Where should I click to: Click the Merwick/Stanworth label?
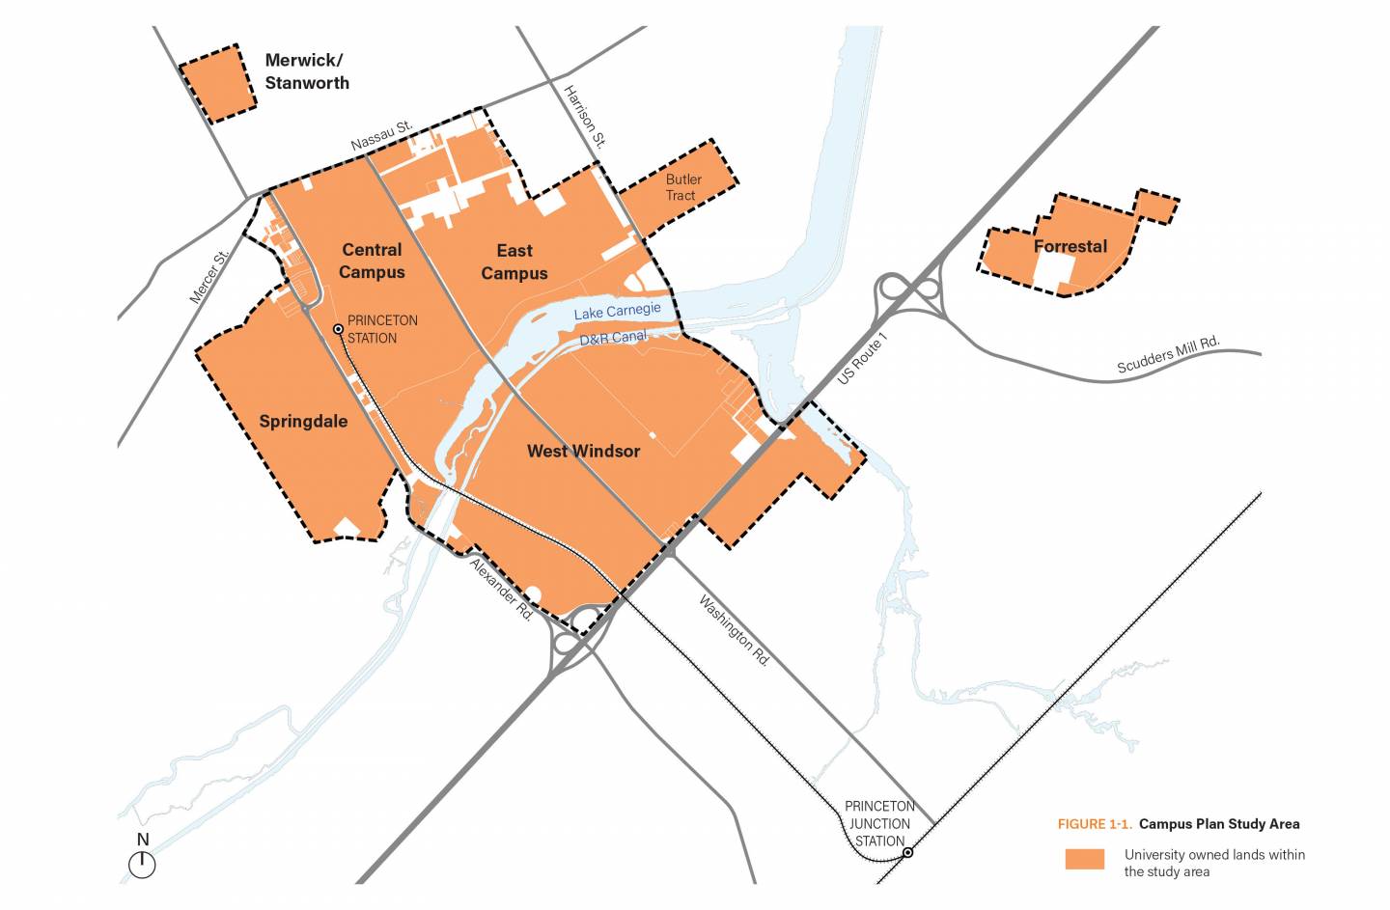coord(306,72)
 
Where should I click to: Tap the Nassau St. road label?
coord(381,135)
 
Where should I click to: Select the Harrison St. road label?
coord(585,117)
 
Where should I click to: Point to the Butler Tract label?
coord(682,187)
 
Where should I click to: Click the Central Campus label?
coord(372,261)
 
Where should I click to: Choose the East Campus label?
coord(514,262)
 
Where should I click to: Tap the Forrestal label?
coord(1070,246)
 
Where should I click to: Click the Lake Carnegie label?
coord(617,311)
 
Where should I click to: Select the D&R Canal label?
coord(613,338)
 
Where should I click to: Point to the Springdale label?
coord(303,421)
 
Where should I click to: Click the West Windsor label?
coord(583,451)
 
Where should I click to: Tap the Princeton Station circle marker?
coord(338,329)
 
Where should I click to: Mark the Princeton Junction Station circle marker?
coord(907,852)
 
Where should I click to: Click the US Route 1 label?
coord(861,359)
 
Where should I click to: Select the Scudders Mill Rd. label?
coord(1168,355)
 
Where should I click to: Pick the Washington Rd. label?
coord(734,632)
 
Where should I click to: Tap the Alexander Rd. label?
coord(501,589)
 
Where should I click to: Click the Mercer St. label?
coord(209,278)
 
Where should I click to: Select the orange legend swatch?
coord(1084,859)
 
